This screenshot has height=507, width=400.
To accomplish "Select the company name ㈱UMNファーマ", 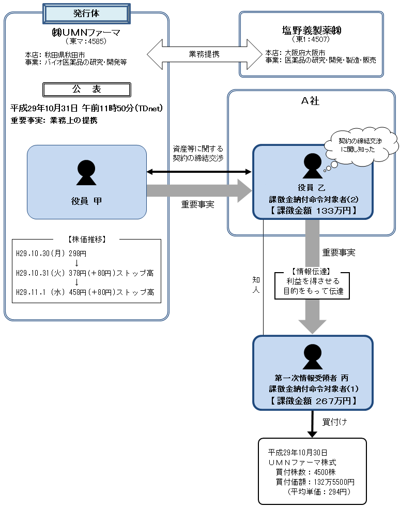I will pyautogui.click(x=86, y=33).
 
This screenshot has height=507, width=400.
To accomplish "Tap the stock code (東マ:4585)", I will pyautogui.click(x=86, y=41).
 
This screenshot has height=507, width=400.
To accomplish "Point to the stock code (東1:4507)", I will pyautogui.click(x=312, y=40).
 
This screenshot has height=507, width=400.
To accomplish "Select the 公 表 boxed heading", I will pyautogui.click(x=86, y=90).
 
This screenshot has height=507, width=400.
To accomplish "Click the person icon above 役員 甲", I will pyautogui.click(x=86, y=172).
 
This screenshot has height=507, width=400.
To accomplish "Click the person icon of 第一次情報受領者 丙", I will pyautogui.click(x=312, y=356).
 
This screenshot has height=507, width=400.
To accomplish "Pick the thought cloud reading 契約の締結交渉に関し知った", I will pyautogui.click(x=361, y=144).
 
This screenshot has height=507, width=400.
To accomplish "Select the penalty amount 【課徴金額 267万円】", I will pyautogui.click(x=312, y=401).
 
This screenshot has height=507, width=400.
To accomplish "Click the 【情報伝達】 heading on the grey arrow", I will pyautogui.click(x=312, y=271).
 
